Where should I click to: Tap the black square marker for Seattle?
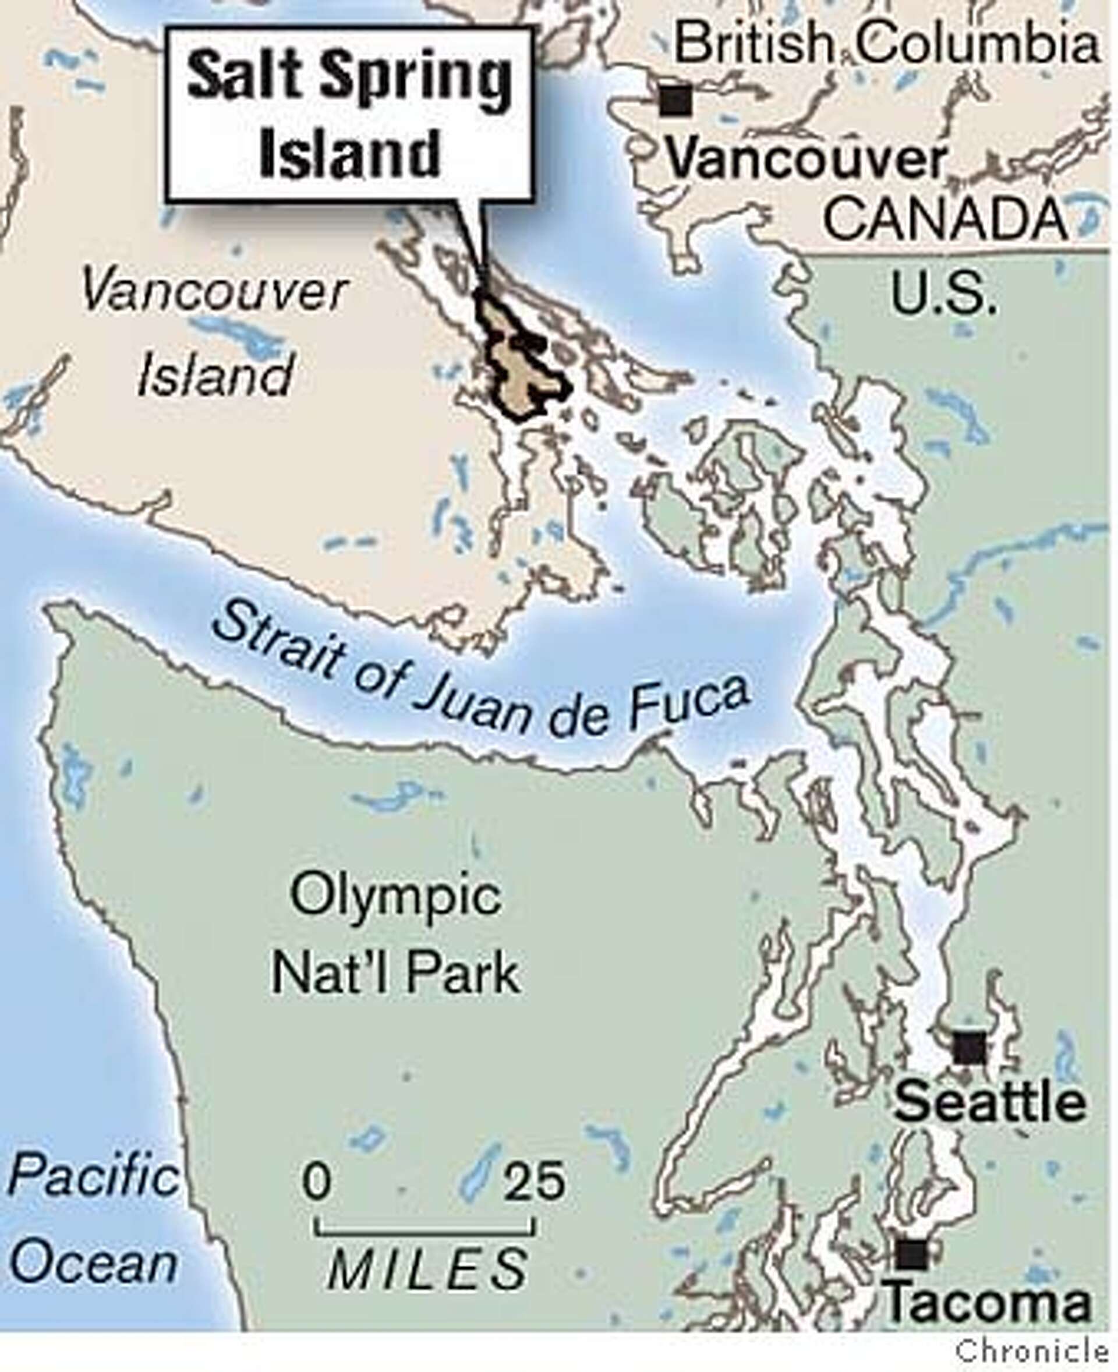coord(970,1049)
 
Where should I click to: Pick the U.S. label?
coord(944,294)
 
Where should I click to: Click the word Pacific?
coord(93,1176)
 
